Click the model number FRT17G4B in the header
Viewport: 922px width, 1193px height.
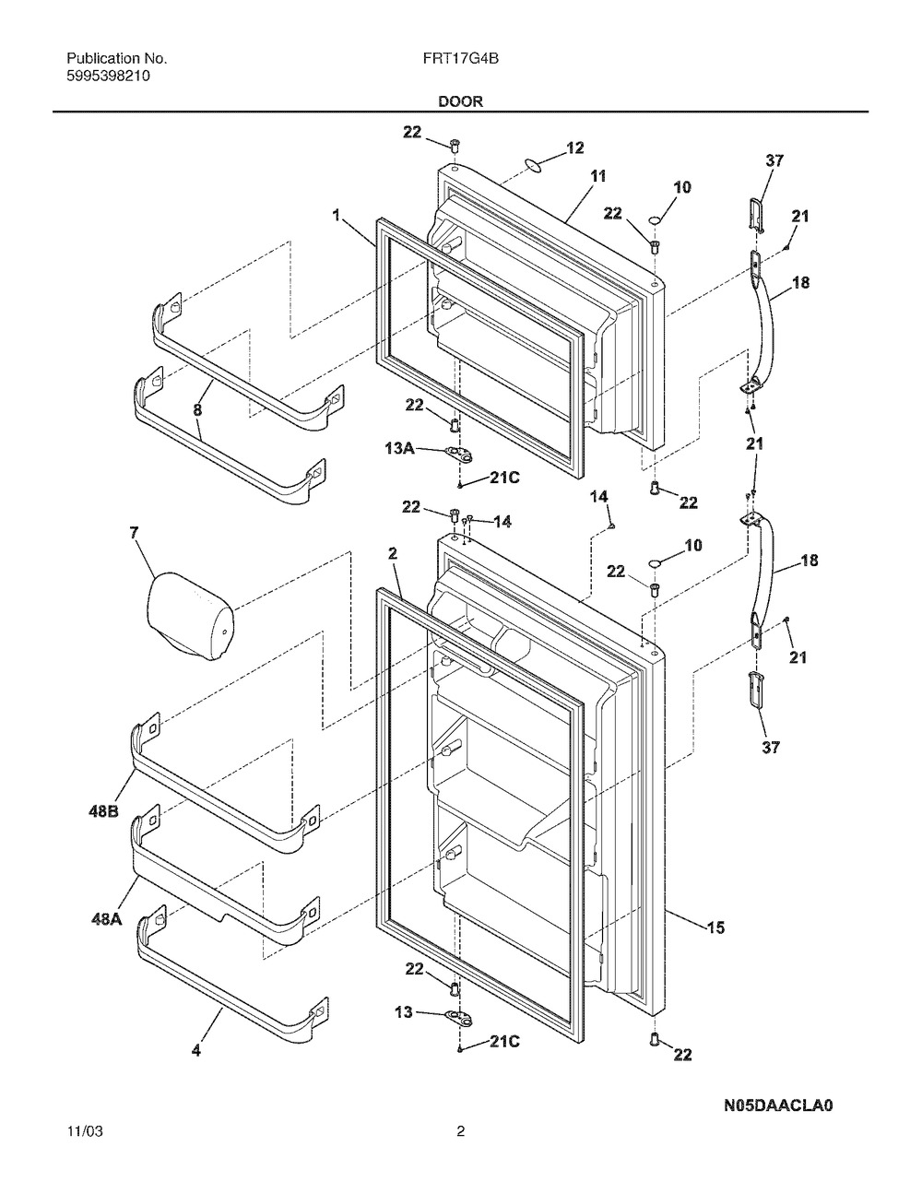click(460, 59)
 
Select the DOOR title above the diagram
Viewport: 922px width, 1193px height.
click(461, 101)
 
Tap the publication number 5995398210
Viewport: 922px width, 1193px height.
click(108, 77)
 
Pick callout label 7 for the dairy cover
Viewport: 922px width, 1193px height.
click(135, 533)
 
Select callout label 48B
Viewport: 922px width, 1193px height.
click(103, 811)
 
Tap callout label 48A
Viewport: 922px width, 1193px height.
click(106, 919)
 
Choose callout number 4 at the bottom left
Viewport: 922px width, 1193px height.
click(195, 1051)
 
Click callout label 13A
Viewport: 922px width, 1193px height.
click(399, 449)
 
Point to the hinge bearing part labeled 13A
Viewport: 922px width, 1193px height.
click(460, 454)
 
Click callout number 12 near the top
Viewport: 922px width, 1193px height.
click(575, 148)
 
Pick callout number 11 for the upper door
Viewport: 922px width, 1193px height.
click(598, 176)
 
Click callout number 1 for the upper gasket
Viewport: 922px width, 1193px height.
click(337, 215)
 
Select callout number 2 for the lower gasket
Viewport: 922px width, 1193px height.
click(393, 553)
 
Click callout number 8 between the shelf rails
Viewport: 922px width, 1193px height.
click(197, 409)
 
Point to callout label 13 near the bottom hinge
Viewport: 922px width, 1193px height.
click(404, 1011)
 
